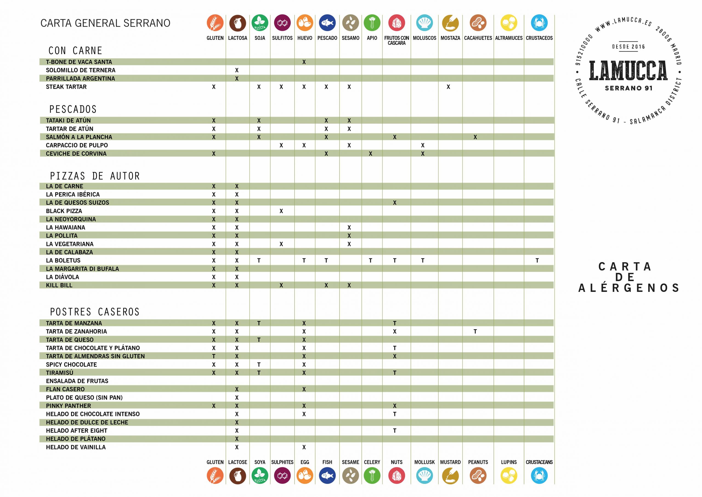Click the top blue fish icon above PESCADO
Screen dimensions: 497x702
327,23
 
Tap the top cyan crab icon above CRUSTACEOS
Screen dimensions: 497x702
539,23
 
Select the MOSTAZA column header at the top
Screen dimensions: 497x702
450,38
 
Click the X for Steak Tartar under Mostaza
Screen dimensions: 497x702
448,87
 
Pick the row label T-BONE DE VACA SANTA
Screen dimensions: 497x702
79,62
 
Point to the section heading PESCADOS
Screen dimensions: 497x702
73,109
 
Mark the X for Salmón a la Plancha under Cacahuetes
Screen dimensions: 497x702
475,137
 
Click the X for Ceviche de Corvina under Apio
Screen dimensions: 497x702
370,154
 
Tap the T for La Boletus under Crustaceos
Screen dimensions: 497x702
537,261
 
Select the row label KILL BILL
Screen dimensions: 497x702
59,285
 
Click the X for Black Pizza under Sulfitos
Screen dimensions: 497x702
281,211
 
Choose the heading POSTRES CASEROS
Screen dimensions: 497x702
95,312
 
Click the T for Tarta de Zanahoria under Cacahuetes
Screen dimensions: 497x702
475,332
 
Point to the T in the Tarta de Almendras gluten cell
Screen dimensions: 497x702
214,356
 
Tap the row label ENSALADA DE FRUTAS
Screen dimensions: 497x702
77,381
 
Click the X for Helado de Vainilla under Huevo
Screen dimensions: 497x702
304,447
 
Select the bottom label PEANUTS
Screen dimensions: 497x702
478,462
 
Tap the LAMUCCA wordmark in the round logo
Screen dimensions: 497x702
628,71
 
